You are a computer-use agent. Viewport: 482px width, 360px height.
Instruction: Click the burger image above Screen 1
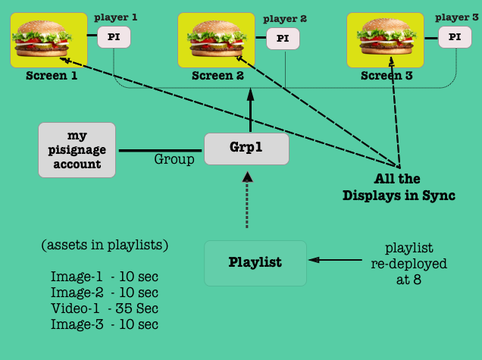(x=49, y=39)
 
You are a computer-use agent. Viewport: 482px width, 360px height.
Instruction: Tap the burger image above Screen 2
(x=215, y=39)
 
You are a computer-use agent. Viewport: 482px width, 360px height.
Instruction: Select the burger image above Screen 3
(x=385, y=39)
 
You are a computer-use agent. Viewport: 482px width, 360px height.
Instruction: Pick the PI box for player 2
(x=282, y=38)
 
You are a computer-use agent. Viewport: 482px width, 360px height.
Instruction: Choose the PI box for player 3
(x=455, y=36)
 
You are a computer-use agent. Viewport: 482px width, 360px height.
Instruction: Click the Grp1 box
(x=247, y=148)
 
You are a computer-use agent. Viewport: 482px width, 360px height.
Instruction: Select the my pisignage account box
(x=77, y=150)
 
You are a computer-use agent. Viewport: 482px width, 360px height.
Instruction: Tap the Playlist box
(x=255, y=263)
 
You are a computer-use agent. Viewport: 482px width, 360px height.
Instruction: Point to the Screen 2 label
(x=218, y=76)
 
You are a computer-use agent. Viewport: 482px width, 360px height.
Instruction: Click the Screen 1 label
(x=52, y=76)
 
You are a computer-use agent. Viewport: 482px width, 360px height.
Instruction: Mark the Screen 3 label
(x=387, y=76)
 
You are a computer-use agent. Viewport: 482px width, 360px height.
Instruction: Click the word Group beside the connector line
(x=174, y=159)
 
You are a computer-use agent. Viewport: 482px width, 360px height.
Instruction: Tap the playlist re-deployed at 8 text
(x=408, y=263)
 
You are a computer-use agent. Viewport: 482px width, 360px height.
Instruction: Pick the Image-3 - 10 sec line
(x=105, y=324)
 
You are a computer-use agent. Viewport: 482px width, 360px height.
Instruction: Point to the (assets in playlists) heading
(x=105, y=246)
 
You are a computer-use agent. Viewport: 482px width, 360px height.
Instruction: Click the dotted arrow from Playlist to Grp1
(x=246, y=201)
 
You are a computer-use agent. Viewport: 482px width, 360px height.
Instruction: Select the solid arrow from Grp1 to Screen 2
(x=246, y=110)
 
